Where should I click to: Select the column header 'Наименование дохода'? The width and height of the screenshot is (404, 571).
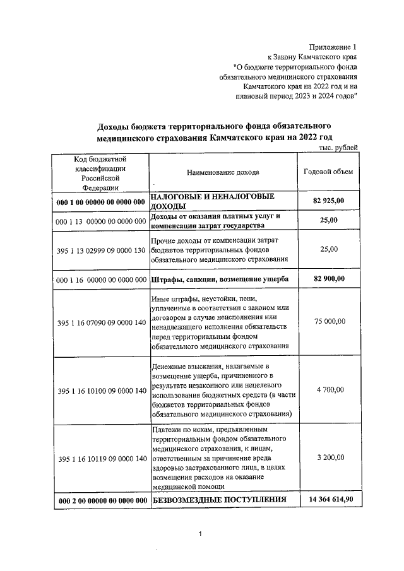coord(223,172)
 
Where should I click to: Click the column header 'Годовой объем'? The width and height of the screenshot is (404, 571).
coord(328,172)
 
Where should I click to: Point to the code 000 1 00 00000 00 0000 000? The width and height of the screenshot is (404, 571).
coord(101,202)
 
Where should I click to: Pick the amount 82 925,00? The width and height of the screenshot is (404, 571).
coord(330,201)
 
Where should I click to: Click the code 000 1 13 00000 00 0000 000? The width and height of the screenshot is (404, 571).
coord(101,222)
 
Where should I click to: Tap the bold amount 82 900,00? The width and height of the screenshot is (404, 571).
coord(330,278)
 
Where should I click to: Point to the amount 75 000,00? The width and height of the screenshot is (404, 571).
coord(330,321)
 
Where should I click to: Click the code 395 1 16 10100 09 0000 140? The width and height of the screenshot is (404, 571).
coord(101,391)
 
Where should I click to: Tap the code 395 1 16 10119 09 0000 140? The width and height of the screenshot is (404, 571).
coord(101,458)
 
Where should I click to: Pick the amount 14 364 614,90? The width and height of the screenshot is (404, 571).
coord(330,500)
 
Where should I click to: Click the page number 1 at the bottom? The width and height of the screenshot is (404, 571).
coord(199,535)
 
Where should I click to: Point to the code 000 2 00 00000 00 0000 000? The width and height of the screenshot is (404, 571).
coord(101,501)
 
